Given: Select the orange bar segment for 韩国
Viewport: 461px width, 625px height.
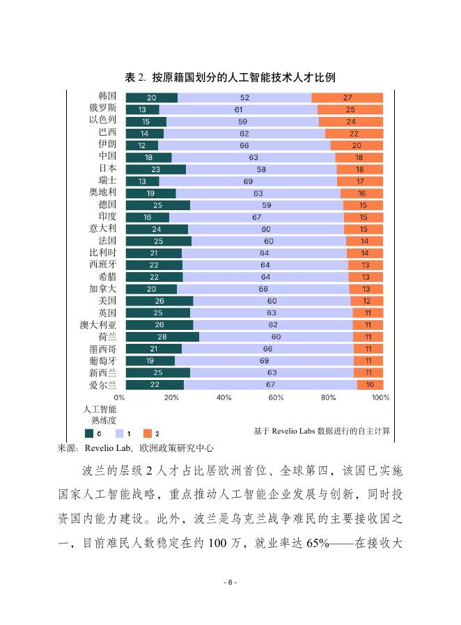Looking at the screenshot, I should (x=347, y=97).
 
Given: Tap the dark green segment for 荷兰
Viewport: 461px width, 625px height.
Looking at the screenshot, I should (x=162, y=337).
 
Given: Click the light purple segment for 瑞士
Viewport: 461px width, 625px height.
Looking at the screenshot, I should (x=248, y=181).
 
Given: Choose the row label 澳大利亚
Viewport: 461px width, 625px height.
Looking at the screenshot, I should (x=98, y=325).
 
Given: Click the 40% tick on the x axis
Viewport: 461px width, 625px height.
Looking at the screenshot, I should (x=224, y=397).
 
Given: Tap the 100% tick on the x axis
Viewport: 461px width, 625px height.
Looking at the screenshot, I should (x=380, y=397).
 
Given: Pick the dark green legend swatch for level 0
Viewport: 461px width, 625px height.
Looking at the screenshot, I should (x=88, y=433).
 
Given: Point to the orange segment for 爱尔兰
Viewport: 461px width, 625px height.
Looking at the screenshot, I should (x=370, y=385).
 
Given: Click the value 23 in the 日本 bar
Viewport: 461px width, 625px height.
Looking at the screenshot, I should (x=155, y=169).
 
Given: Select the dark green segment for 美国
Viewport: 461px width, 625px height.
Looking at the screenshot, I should (x=159, y=301).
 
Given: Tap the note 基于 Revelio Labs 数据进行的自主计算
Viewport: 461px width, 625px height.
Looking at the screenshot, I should (x=322, y=431).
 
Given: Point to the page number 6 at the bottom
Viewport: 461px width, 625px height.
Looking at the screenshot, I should (x=230, y=582).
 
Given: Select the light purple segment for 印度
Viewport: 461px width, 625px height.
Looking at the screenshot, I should (x=256, y=217).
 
